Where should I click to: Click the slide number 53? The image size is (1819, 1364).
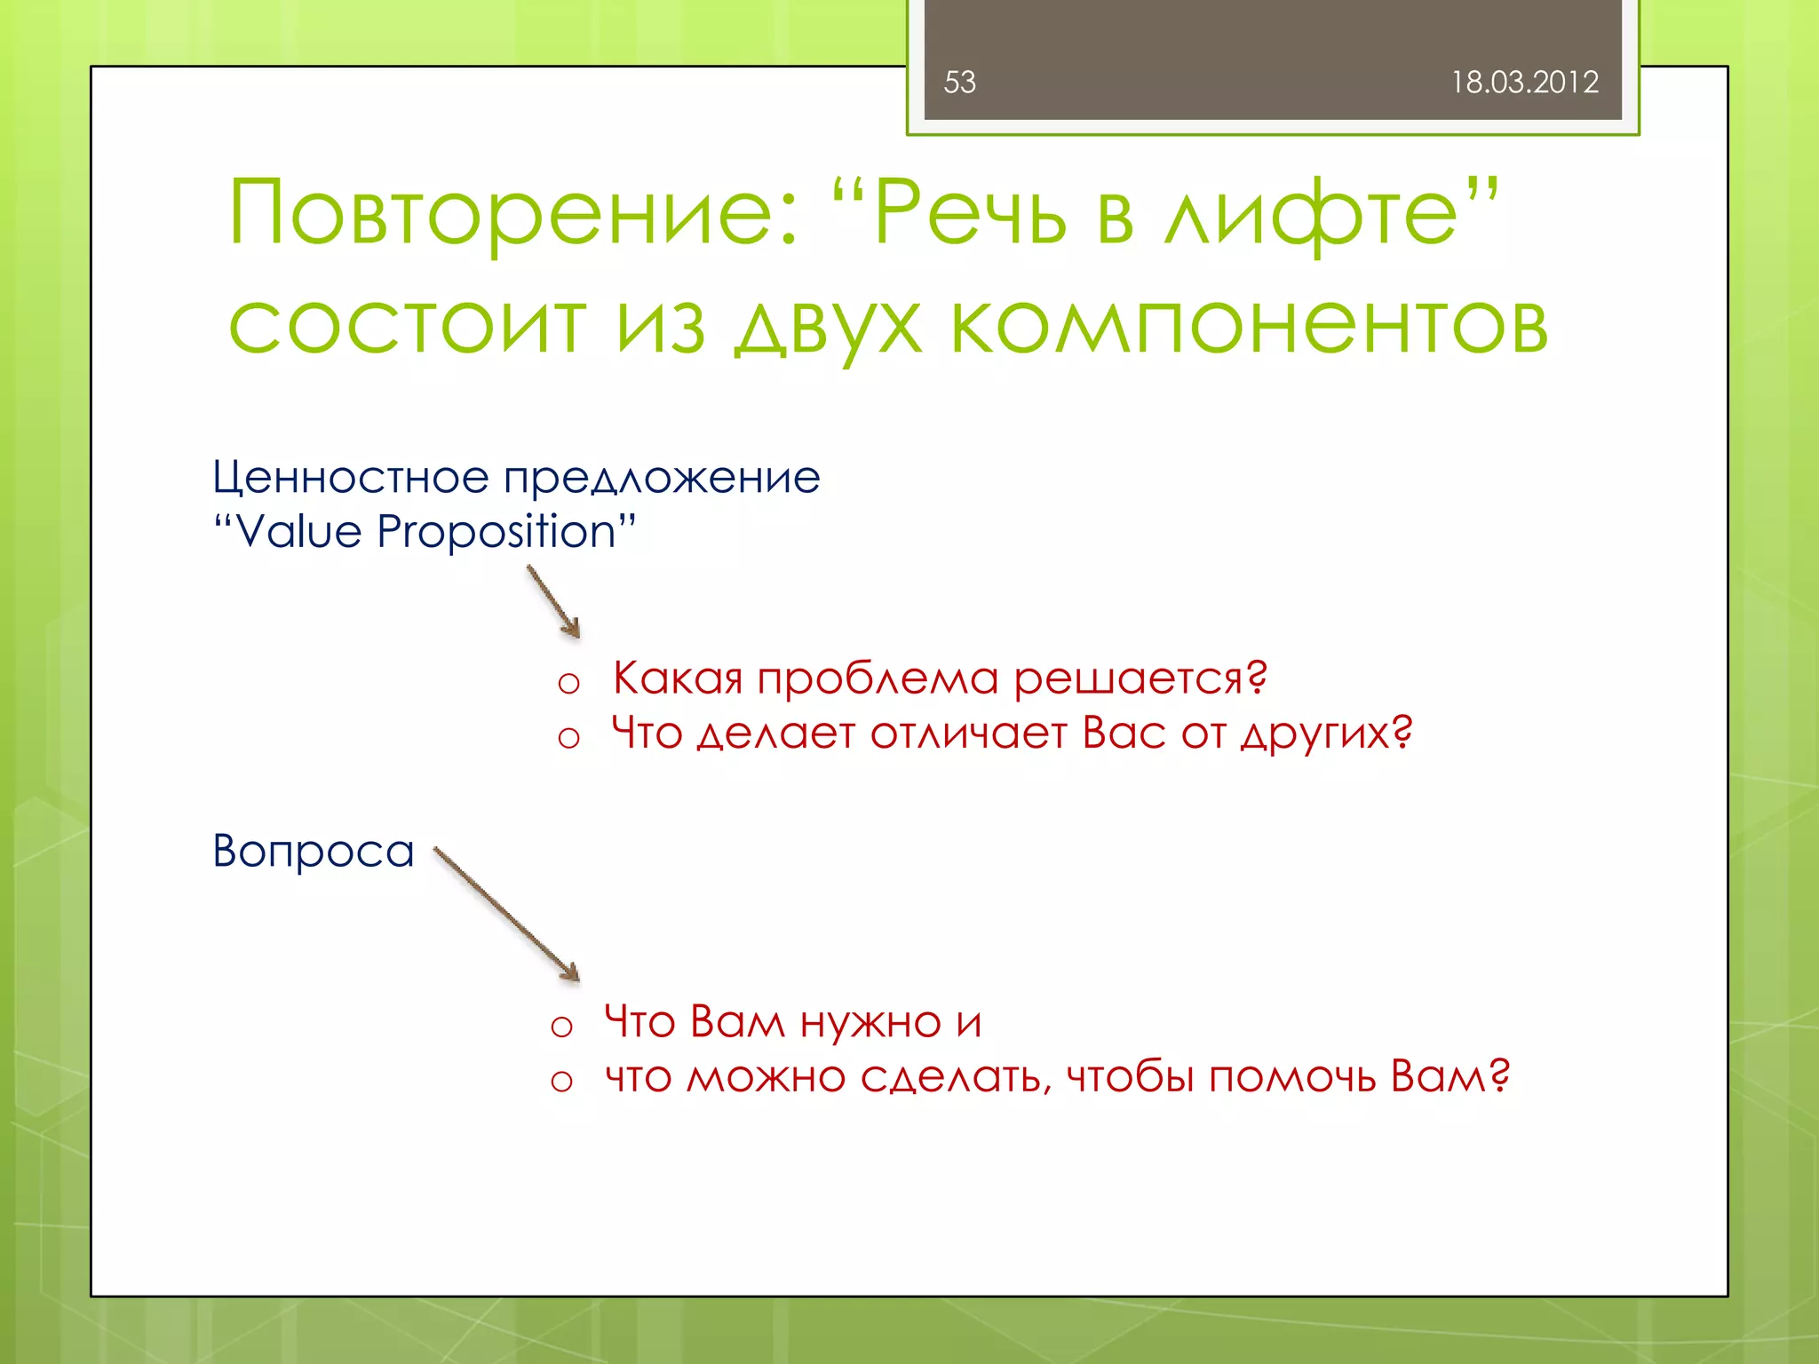coord(959,83)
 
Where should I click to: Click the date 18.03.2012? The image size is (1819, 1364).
coord(1524,83)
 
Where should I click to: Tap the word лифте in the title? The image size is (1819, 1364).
coord(1313,213)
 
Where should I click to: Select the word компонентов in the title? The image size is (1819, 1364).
coord(1249,325)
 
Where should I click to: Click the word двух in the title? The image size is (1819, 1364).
coord(828,327)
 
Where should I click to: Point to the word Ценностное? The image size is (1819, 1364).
coord(350,478)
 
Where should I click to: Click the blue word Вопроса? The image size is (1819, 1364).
coord(313,851)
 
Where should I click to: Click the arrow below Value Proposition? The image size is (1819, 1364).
coord(554,603)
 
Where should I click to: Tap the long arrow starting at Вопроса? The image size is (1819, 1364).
coord(506,914)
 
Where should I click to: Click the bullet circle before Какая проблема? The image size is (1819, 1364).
coord(568,683)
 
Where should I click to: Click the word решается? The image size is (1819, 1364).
coord(1139,679)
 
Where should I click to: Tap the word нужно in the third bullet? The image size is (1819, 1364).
coord(870,1023)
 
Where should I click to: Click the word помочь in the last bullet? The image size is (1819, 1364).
coord(1291,1077)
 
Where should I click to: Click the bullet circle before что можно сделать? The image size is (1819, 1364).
coord(561,1081)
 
